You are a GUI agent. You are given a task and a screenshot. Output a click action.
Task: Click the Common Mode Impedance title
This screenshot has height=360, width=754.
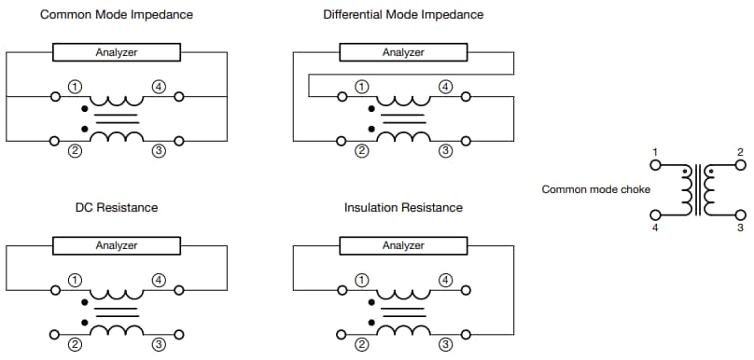click(x=117, y=15)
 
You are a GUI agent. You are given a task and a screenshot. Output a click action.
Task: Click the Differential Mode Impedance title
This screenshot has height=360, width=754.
click(x=403, y=15)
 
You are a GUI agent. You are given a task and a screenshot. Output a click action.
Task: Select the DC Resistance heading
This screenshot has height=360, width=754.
click(x=117, y=207)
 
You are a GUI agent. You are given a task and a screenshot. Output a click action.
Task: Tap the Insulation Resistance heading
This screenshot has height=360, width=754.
click(x=403, y=207)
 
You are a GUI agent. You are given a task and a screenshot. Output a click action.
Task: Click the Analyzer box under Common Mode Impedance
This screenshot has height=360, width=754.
click(x=117, y=52)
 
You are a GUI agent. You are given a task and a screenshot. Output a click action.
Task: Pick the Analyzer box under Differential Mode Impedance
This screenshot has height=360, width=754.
click(x=403, y=52)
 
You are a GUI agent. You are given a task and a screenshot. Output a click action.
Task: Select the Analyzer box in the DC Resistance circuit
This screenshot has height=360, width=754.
click(x=117, y=245)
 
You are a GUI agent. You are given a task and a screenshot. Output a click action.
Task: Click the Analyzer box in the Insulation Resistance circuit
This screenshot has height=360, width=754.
click(x=403, y=245)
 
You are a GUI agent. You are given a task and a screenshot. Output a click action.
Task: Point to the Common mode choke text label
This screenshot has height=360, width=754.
click(x=596, y=189)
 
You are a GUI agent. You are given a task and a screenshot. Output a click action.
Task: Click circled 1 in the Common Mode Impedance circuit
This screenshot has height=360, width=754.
click(x=74, y=87)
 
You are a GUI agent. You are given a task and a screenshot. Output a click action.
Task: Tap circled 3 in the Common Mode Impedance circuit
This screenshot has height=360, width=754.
click(x=159, y=150)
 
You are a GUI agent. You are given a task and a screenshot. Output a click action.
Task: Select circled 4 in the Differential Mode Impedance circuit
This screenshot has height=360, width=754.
click(x=445, y=87)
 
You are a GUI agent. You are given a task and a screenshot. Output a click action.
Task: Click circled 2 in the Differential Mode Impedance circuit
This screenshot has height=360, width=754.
click(x=360, y=150)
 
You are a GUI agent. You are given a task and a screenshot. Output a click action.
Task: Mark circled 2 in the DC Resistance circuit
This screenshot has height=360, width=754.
click(x=74, y=343)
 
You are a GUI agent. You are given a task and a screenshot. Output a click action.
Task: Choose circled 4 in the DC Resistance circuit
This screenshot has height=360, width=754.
click(x=159, y=280)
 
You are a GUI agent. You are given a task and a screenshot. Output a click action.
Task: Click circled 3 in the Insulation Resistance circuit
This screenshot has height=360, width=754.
click(x=445, y=343)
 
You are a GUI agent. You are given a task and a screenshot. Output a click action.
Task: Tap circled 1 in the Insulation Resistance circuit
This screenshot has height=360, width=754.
click(x=360, y=280)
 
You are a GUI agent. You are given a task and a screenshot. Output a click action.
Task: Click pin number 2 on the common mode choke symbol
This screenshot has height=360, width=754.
click(x=740, y=152)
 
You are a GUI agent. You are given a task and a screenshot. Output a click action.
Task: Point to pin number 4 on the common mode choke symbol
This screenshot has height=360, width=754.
click(x=655, y=228)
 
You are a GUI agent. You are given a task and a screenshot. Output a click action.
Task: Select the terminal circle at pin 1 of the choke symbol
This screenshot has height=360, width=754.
click(x=655, y=165)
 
